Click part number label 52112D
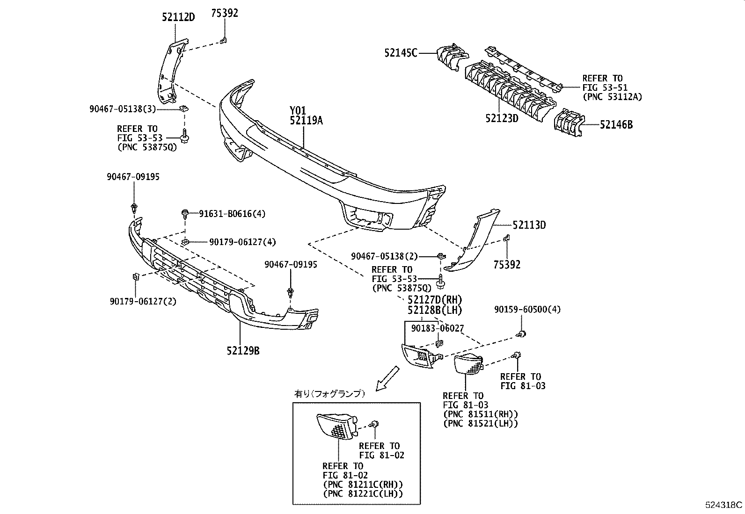(178, 17)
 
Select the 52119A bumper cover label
(306, 121)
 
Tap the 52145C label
(400, 53)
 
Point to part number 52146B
(616, 125)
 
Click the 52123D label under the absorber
(502, 118)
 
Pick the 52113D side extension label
(529, 225)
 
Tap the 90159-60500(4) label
(527, 309)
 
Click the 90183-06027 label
(437, 329)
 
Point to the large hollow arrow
(388, 378)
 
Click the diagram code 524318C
(724, 505)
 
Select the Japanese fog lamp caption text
(329, 394)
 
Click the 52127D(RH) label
(435, 300)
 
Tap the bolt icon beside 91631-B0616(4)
(185, 214)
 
